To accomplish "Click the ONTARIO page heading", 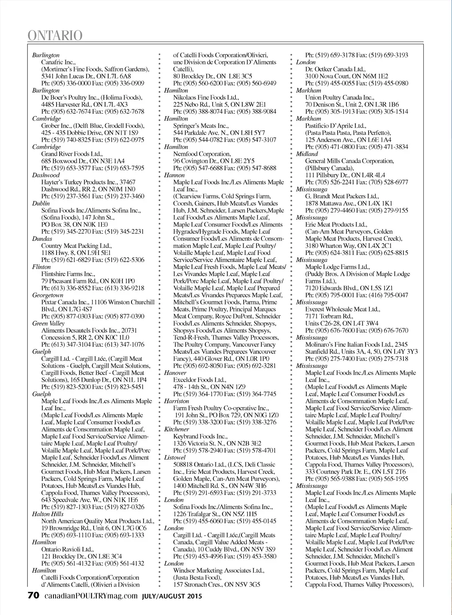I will coord(55,35).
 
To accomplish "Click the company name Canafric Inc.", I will coord(58,62).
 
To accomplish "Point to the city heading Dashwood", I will coord(46,175).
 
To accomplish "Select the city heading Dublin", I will coord(41,203).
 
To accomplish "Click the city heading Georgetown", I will coord(48,295).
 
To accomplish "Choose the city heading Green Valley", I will coord(49,323).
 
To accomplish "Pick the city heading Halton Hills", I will coord(48,514).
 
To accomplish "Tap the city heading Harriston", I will coord(177,401).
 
